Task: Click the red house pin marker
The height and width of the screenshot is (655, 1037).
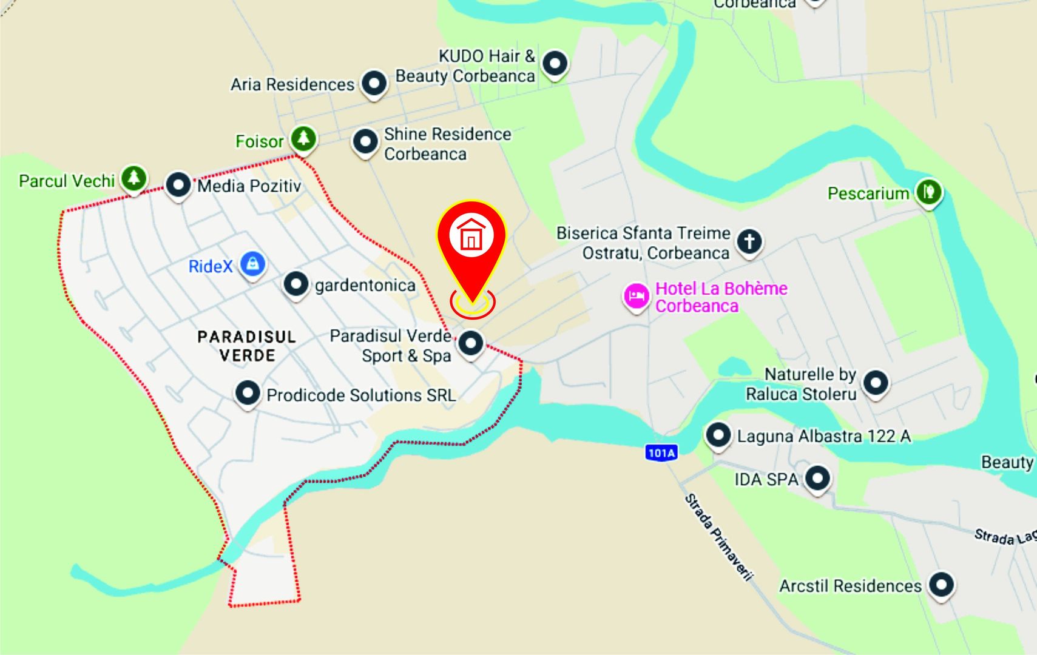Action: (x=471, y=237)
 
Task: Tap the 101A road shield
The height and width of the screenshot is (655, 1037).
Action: (x=661, y=452)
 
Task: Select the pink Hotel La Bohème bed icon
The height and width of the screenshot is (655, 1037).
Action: (x=636, y=297)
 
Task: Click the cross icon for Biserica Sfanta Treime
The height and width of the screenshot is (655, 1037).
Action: (x=749, y=241)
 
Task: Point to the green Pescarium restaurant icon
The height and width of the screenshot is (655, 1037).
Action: (x=928, y=192)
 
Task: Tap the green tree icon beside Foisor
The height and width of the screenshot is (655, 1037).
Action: (x=303, y=139)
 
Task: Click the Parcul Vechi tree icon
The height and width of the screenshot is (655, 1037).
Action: (x=133, y=178)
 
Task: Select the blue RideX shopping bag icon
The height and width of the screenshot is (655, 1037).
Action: (x=252, y=264)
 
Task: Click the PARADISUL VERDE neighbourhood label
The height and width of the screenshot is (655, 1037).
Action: (x=247, y=346)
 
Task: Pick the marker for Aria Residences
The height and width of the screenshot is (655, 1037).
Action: (x=374, y=82)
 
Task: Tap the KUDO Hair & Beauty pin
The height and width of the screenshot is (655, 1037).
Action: (x=555, y=63)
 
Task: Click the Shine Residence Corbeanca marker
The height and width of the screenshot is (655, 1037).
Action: (x=365, y=142)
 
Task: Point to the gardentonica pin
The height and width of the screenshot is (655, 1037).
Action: (x=296, y=284)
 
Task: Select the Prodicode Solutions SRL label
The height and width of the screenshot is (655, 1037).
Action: (x=361, y=395)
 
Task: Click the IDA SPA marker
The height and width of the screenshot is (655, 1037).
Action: (x=817, y=478)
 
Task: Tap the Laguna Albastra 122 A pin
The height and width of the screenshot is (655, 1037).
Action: (x=718, y=435)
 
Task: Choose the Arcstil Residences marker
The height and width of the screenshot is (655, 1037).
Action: (x=941, y=585)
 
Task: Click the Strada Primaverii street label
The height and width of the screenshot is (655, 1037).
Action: (x=718, y=537)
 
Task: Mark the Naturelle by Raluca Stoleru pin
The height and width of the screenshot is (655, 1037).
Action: (x=876, y=383)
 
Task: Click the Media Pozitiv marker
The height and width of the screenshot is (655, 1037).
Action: (x=178, y=184)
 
